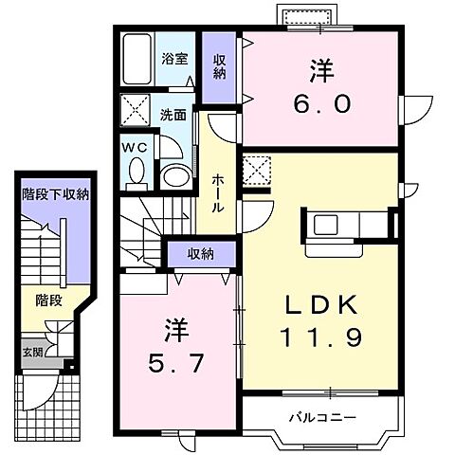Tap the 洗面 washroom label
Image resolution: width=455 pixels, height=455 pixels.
[x=172, y=116]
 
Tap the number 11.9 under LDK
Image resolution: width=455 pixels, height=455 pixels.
[x=322, y=337]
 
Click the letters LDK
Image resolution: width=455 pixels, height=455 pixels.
[x=322, y=304]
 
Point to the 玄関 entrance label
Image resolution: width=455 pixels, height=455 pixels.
[x=32, y=353]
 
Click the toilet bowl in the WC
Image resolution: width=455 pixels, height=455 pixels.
[x=135, y=173]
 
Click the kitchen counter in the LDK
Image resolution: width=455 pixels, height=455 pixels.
[x=343, y=224]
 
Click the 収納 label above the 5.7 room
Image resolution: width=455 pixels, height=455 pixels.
[x=199, y=253]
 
